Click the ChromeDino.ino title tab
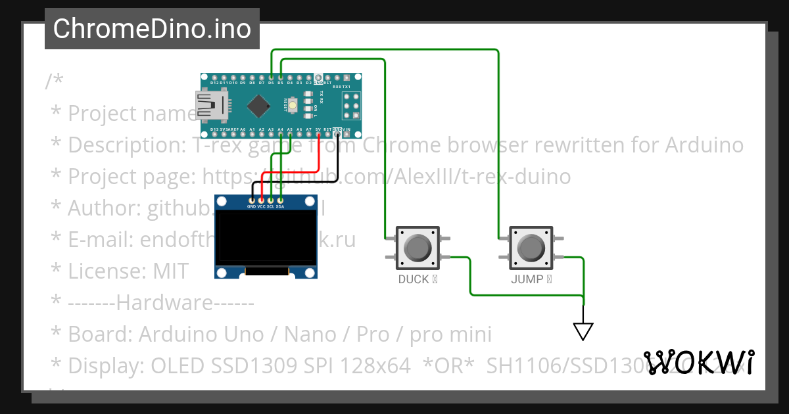152,29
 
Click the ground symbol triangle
583,331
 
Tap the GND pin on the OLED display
251,200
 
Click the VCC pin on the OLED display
261,200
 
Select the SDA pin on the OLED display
280,200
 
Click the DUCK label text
414,279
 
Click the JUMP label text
527,279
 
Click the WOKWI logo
699,362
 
